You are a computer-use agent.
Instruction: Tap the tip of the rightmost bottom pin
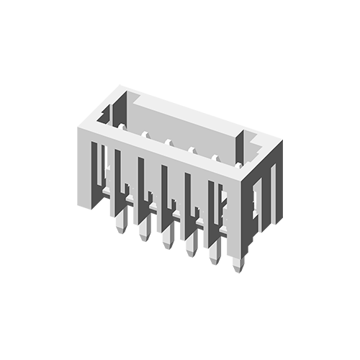(238, 271)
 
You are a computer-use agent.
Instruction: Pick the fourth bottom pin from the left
(191, 254)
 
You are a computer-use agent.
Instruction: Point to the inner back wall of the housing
(180, 119)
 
